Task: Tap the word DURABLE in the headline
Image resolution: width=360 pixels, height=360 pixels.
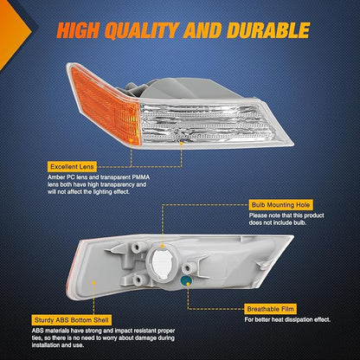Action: click(268, 30)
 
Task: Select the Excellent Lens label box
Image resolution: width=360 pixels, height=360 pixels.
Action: click(72, 167)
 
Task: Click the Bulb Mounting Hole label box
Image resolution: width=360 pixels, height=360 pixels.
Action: click(280, 205)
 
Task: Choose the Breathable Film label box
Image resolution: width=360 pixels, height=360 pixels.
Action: click(270, 309)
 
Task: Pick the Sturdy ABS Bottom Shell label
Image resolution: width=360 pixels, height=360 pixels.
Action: click(72, 320)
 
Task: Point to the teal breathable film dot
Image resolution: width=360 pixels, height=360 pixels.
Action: click(186, 280)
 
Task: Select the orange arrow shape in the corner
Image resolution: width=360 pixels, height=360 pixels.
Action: click(15, 33)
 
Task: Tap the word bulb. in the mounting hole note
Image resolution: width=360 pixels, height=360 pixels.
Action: click(299, 222)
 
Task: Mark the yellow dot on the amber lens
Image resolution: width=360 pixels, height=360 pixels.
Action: click(132, 140)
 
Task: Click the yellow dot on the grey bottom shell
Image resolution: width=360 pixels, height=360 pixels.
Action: click(93, 283)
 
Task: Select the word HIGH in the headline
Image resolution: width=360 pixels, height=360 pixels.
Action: click(78, 30)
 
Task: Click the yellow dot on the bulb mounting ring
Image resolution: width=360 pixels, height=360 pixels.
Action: click(163, 246)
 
